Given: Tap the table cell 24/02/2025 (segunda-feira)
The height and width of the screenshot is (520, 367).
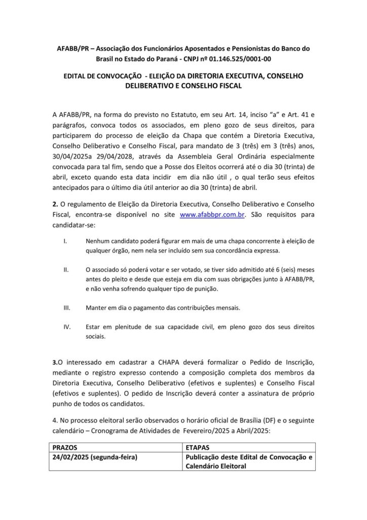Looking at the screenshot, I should point(96,458).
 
